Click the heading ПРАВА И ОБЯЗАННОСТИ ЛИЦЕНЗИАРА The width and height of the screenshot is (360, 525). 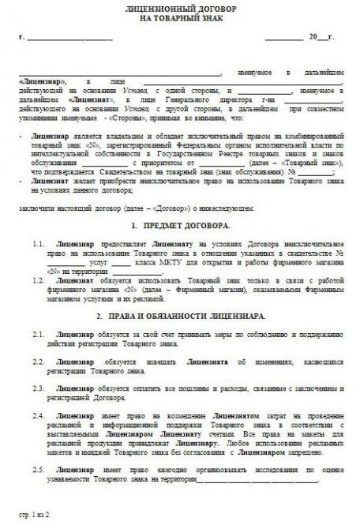[180, 316]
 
